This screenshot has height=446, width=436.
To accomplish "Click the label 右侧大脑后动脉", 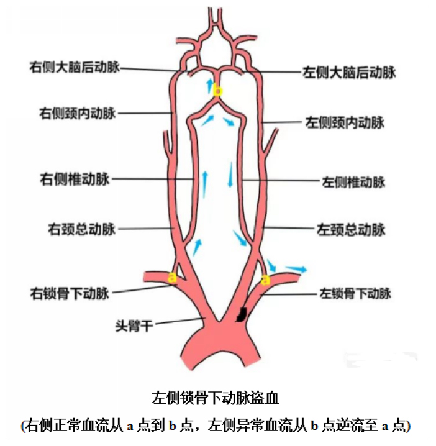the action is pos(75,68).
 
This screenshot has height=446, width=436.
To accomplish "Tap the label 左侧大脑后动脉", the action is pos(348,72).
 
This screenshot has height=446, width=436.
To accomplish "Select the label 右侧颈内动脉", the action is pos(78,113).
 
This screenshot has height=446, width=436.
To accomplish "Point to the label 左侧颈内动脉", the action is pos(345,122).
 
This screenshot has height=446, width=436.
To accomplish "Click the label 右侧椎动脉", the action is pos(75,179).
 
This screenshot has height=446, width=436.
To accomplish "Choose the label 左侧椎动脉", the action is pos(353,182).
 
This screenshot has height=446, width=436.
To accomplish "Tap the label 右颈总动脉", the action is pos(81,229).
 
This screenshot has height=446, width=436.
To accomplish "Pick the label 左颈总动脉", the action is pos(351,230).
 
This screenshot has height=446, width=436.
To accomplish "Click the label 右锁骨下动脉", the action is pos(70,293).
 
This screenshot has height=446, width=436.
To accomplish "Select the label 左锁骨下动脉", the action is pos(355,293).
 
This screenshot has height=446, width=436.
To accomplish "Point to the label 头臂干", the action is pos(134,325).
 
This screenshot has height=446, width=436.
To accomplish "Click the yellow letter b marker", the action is pos(217,91).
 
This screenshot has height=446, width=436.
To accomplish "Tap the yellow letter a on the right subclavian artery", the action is pos(172,277).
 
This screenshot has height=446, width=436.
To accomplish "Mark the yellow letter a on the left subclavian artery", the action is pos(265,280).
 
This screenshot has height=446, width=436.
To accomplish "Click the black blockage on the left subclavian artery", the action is pos(242,314).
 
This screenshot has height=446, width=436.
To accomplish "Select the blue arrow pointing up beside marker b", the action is pos(210,84).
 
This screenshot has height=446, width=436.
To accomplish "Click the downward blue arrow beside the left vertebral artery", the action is pos(230,175).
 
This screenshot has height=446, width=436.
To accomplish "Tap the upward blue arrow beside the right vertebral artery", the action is pos(205,185).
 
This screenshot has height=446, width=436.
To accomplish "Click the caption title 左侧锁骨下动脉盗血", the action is pos(216,398).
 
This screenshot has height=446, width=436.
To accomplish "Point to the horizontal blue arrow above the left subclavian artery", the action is pos(296,269).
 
